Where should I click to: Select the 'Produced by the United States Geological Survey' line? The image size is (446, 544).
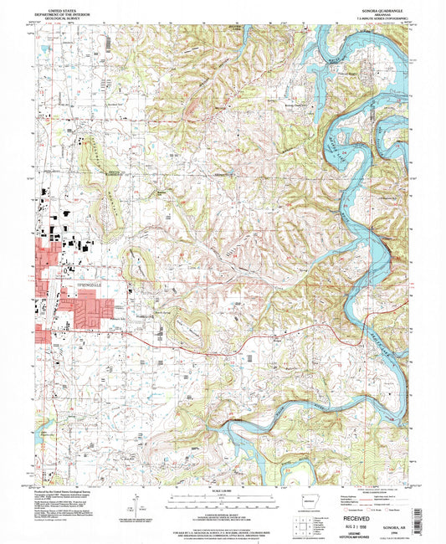[67, 490]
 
